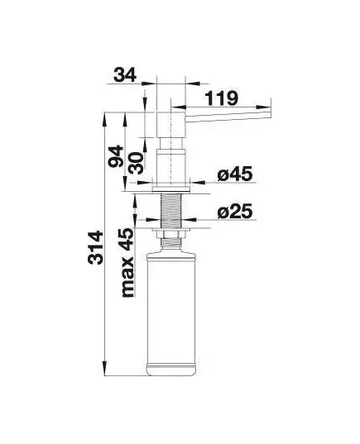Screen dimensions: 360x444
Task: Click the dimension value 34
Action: point(125,75)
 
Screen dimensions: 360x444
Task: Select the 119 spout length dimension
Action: point(222,98)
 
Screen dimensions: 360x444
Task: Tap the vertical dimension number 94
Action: point(116,156)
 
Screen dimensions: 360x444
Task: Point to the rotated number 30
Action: point(136,163)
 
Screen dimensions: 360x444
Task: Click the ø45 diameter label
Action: point(235,174)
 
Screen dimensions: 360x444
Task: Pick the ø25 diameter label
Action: point(235,211)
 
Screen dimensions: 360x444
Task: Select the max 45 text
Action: point(127,262)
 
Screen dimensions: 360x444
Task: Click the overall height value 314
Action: point(95,248)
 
